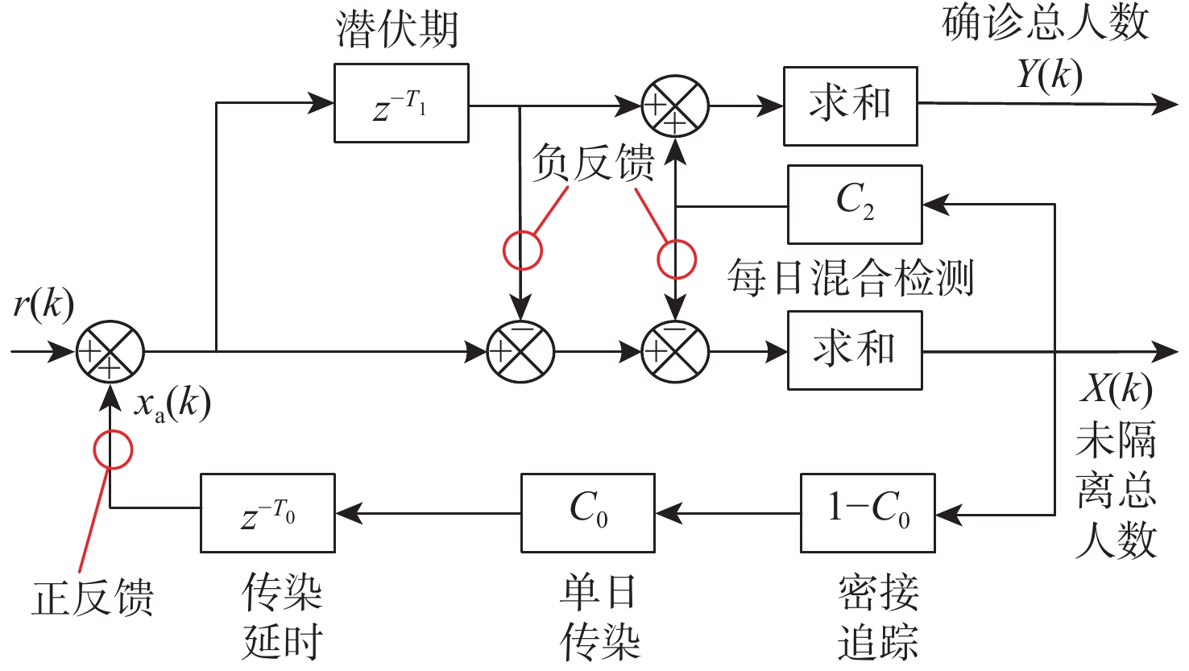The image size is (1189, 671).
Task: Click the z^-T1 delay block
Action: pos(401,104)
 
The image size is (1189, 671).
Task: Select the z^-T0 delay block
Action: pos(267,513)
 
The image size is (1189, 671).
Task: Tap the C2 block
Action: pos(855,205)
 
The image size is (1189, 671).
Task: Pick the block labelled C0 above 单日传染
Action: pos(588,513)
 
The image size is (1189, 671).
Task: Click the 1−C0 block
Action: pos(868,513)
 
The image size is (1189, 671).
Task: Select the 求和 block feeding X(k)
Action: pos(855,351)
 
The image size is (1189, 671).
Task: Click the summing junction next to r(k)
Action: pos(110,352)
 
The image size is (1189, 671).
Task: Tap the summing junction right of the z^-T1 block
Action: pos(675,106)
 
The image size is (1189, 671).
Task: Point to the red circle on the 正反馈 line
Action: pos(113,449)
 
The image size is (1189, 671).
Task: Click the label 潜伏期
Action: pos(397,31)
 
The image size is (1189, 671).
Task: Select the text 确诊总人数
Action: pos(1046,23)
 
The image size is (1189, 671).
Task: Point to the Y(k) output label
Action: pos(1049,75)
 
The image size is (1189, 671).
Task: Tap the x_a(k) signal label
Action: pos(172,403)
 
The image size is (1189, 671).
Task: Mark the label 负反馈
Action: pos(593,164)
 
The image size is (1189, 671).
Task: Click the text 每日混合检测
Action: pos(851,279)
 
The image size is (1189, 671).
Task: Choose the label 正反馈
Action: pos(93,599)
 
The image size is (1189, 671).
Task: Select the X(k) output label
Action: pos(1116,390)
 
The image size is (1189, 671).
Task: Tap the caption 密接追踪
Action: pos(878,618)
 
